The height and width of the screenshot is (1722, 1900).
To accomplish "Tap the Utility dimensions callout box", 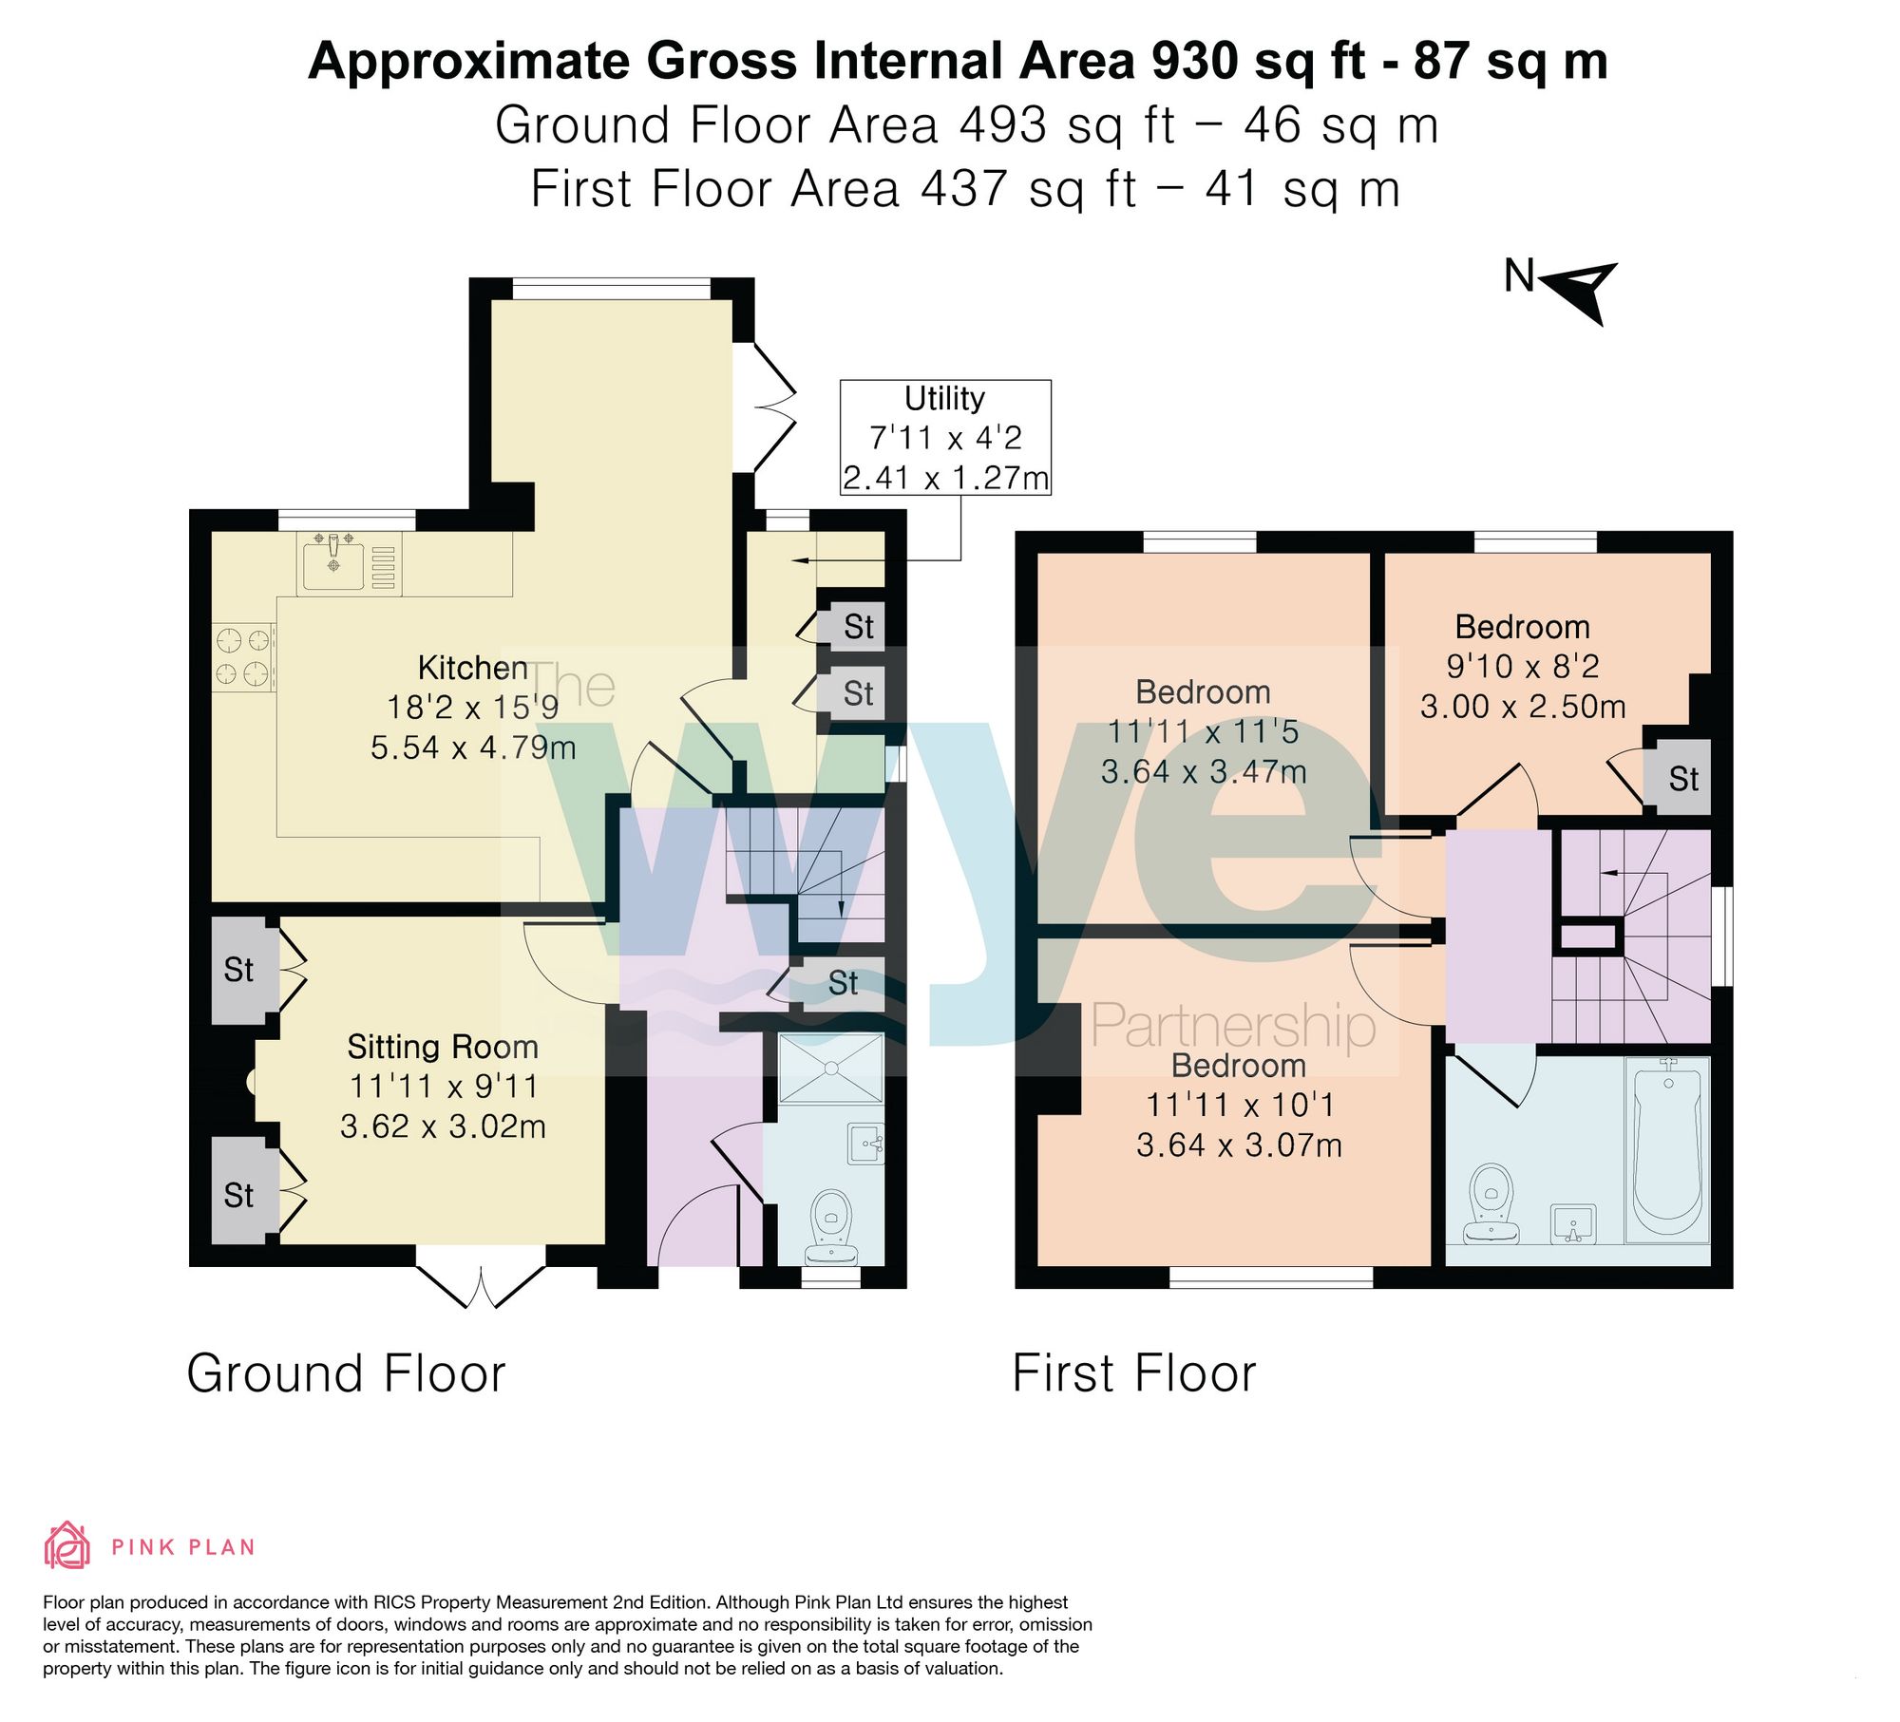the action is (945, 437).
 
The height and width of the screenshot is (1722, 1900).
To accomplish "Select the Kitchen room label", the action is (473, 668).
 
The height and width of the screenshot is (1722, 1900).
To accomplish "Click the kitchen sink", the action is (333, 561).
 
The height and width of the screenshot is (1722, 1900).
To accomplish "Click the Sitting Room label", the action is (443, 1047).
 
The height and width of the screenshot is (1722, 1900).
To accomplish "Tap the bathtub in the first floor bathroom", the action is (1667, 1150).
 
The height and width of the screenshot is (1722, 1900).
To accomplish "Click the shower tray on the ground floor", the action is (831, 1069).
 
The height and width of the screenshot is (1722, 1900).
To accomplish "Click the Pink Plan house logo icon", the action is (67, 1545).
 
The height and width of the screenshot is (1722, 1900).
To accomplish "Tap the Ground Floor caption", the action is (346, 1373).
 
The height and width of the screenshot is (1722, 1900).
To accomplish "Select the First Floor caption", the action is (1134, 1373).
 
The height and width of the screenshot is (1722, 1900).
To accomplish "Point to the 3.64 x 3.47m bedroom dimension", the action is (1204, 771).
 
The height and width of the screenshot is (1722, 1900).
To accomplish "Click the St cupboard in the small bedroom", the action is (1683, 779).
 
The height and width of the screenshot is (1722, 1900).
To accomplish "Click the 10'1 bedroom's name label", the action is (1239, 1066).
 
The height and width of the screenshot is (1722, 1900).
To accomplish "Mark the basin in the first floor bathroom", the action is (1573, 1224).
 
